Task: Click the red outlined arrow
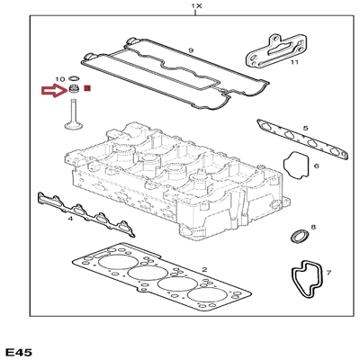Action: tap(54, 91)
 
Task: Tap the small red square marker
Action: tap(87, 88)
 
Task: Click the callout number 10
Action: tap(60, 79)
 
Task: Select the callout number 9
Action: tap(191, 50)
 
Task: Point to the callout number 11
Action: tap(294, 62)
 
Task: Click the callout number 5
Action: tap(305, 128)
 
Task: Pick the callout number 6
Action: tap(317, 166)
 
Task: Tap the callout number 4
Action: tap(70, 219)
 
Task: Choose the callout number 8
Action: tap(313, 227)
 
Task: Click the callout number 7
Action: tap(328, 273)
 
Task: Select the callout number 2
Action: tap(204, 269)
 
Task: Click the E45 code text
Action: tap(19, 352)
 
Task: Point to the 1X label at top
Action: tap(197, 5)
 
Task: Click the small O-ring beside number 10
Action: tap(74, 79)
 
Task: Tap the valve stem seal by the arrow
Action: tap(73, 89)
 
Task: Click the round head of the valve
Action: tap(73, 125)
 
